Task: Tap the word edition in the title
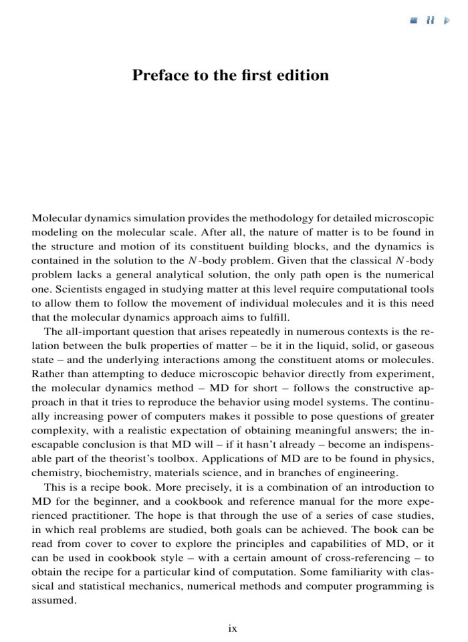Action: pos(301,75)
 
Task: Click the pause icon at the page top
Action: pos(432,21)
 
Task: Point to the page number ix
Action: pos(233,629)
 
